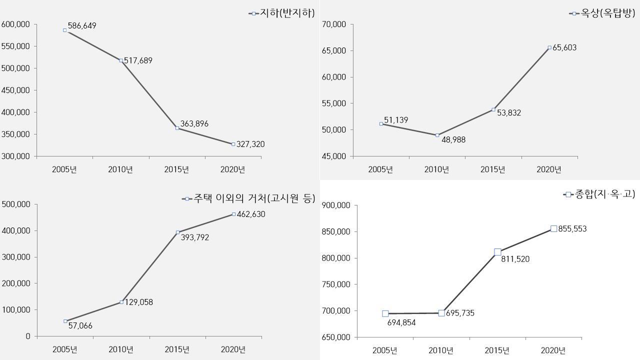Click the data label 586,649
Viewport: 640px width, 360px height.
[x=82, y=26]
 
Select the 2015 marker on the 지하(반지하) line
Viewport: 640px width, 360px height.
[x=177, y=128]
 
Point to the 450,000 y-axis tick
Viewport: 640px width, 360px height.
[x=16, y=90]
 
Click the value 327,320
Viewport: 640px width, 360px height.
[x=250, y=144]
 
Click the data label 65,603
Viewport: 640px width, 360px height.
[x=564, y=48]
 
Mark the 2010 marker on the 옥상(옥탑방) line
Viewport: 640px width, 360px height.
[x=437, y=135]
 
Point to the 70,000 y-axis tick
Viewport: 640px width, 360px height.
[x=334, y=24]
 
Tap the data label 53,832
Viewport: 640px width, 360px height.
[x=509, y=113]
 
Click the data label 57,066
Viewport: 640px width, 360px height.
[x=80, y=326]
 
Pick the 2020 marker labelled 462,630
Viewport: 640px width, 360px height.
[x=233, y=214]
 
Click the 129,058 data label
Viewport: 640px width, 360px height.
[x=139, y=302]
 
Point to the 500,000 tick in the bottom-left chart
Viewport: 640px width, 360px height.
[x=16, y=204]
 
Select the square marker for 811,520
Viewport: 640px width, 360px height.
[x=497, y=252]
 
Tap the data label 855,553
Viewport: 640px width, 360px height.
[x=572, y=229]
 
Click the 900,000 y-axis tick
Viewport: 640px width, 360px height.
[x=336, y=205]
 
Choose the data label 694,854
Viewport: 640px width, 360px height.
[x=401, y=323]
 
